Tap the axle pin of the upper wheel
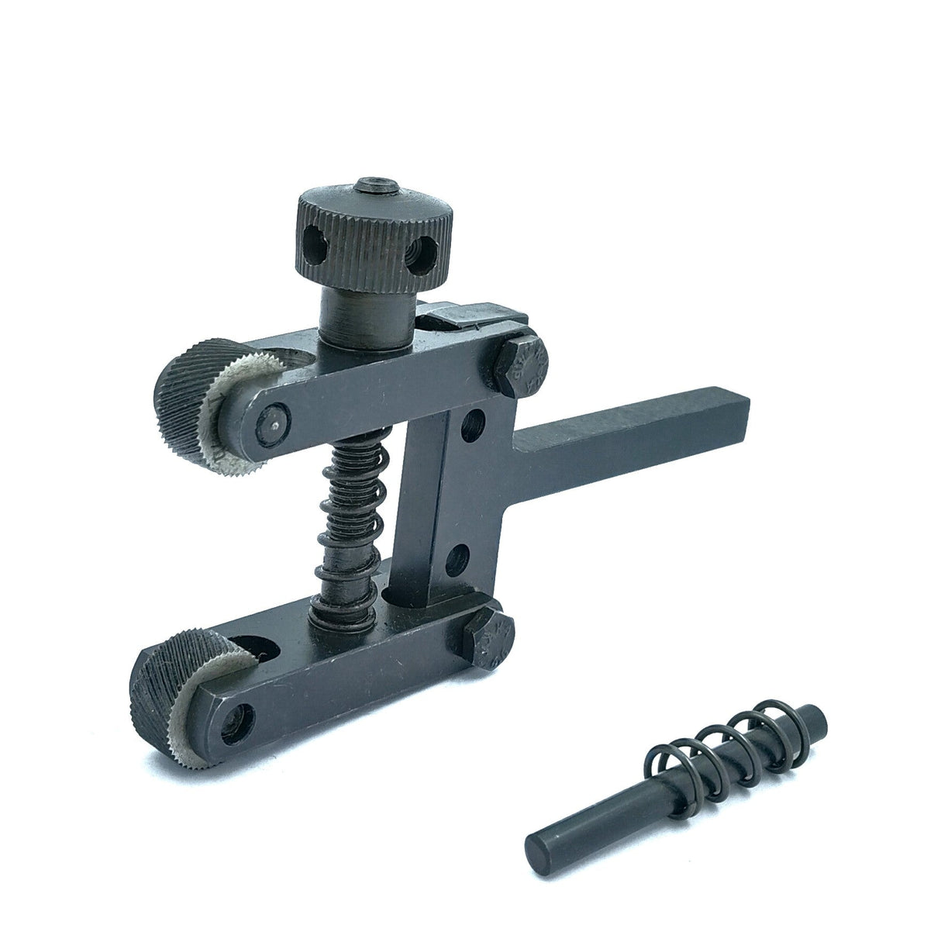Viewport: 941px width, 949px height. [272, 422]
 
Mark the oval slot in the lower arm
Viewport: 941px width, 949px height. [253, 650]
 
